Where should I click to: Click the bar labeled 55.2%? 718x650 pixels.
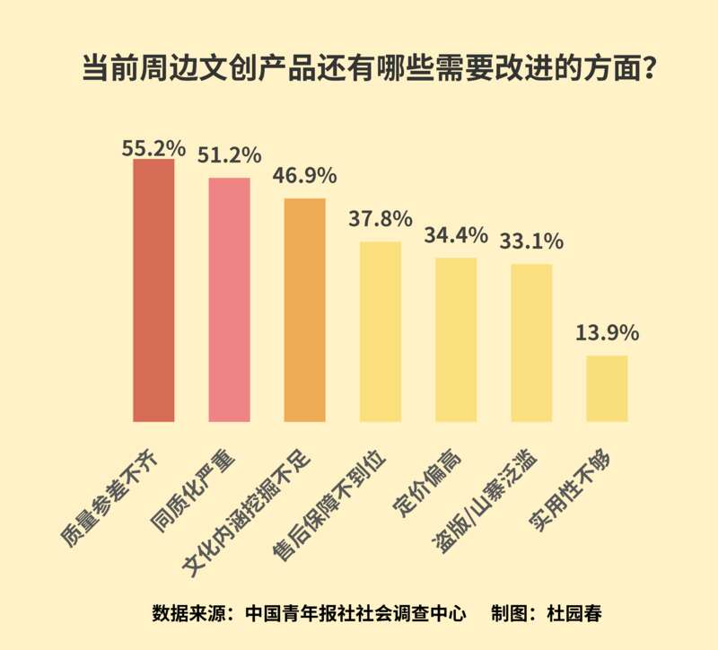153,290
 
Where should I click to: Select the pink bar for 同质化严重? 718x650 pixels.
229,299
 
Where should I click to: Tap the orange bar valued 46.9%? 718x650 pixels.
304,309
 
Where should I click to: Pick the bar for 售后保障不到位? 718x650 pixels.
380,330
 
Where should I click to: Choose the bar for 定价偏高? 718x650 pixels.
455,338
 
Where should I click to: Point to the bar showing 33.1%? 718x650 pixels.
531,342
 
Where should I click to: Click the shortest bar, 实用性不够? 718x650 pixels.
607,388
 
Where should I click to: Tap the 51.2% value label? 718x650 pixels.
229,154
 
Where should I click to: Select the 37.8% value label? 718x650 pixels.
380,218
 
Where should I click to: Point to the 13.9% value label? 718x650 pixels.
607,332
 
